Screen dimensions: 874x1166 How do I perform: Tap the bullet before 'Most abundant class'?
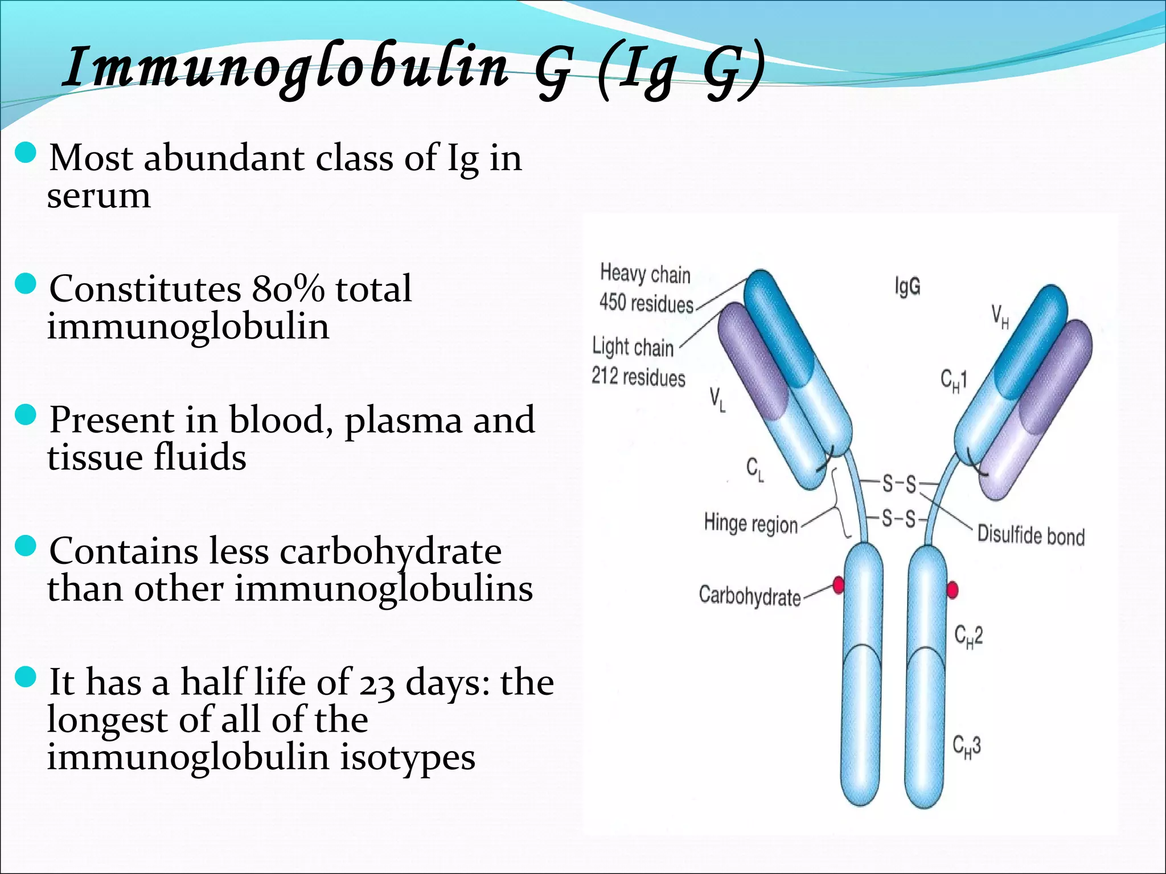coord(25,153)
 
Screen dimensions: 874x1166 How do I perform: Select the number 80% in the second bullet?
coord(288,288)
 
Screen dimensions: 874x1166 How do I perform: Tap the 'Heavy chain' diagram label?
coord(645,274)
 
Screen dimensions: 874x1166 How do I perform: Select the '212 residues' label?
coord(638,377)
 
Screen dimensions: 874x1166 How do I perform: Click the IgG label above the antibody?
coord(907,286)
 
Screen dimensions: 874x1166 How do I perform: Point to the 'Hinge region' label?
coord(750,523)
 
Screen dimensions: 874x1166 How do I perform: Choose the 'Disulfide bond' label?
coord(1030,535)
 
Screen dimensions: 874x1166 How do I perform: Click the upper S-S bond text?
coord(900,484)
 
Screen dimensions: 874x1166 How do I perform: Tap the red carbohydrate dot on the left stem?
coord(838,585)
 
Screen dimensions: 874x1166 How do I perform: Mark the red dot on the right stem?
coord(952,590)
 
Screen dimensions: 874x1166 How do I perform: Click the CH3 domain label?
coord(967,747)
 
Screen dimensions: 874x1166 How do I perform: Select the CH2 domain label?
coord(968,636)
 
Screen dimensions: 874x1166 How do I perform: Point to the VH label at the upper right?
coord(1000,316)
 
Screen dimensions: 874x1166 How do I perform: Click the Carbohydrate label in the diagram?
coord(749,596)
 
